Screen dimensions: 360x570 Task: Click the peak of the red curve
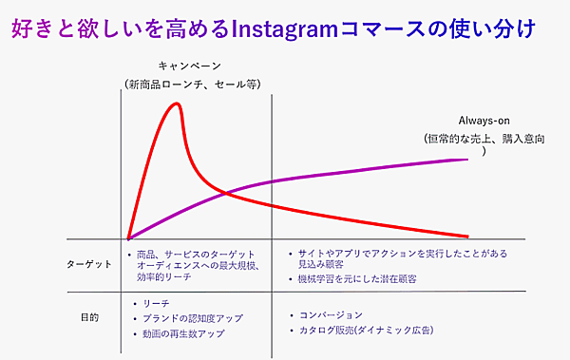tap(176, 103)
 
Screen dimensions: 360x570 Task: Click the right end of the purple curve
tap(467, 159)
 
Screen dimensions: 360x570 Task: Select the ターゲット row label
tap(90, 263)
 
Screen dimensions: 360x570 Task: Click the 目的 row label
tap(89, 316)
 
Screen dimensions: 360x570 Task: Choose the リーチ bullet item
tap(158, 302)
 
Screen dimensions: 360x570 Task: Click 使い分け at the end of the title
tap(499, 29)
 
